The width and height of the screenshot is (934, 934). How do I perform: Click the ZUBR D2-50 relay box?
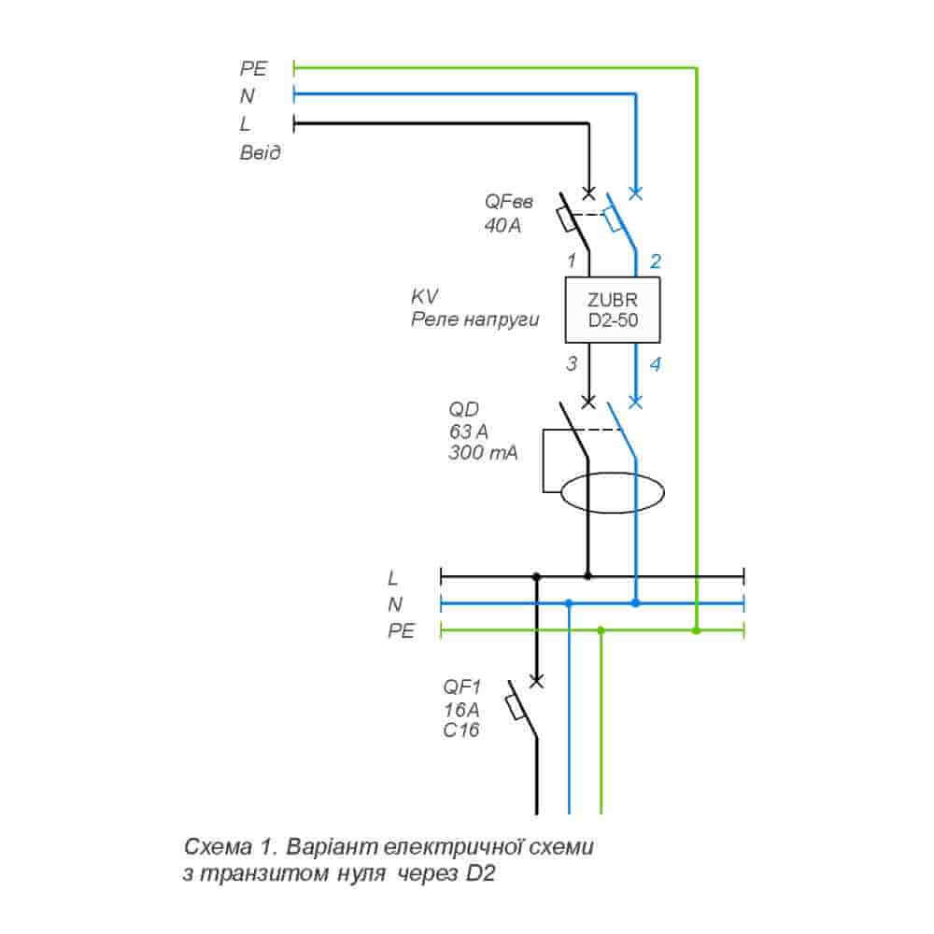(612, 312)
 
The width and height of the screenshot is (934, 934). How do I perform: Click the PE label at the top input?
(254, 68)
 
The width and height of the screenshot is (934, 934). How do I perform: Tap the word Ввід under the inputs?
(261, 151)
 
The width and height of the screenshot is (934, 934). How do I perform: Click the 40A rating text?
(503, 225)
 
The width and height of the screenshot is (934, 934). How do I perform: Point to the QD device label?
(464, 408)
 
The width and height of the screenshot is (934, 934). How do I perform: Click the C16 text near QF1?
(461, 730)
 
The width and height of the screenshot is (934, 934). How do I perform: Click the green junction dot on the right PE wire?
(696, 631)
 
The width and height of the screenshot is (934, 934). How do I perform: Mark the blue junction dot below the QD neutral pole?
(635, 603)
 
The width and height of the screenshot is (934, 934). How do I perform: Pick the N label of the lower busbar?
(395, 604)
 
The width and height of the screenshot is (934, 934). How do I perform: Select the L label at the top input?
(245, 123)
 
